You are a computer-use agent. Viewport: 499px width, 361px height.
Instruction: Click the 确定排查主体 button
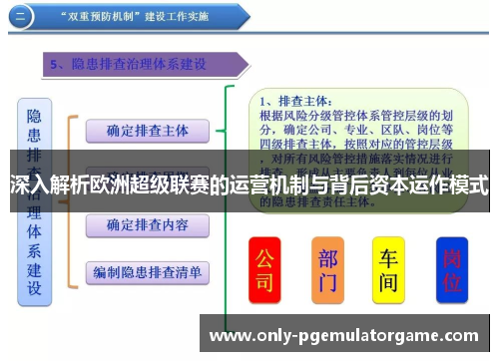pyautogui.click(x=147, y=131)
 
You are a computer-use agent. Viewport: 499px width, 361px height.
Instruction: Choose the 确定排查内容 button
pyautogui.click(x=147, y=225)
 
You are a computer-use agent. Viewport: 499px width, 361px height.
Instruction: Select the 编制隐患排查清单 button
pyautogui.click(x=147, y=270)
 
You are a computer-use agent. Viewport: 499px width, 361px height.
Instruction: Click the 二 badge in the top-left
pyautogui.click(x=22, y=17)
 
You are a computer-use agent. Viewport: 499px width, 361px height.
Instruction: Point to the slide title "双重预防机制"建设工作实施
pyautogui.click(x=150, y=17)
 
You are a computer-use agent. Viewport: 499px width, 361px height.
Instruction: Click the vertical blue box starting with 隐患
pyautogui.click(x=34, y=199)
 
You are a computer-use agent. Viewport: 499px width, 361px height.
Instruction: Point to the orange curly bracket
pyautogui.click(x=70, y=199)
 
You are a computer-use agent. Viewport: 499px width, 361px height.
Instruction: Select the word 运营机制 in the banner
pyautogui.click(x=268, y=185)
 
